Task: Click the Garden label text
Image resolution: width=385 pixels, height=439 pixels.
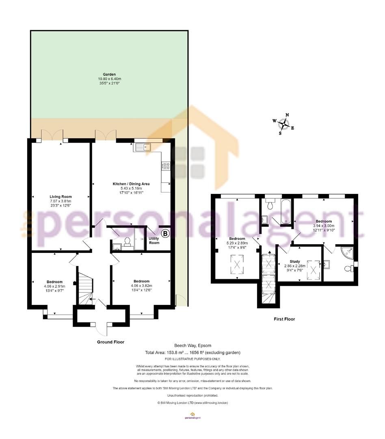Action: tap(109, 74)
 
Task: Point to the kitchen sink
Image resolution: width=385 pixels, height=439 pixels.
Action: tap(143, 147)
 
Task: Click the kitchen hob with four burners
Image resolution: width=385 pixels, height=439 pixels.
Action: tap(166, 166)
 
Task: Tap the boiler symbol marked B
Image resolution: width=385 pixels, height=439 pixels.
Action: tap(165, 233)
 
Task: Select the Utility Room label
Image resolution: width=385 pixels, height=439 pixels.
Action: tap(154, 241)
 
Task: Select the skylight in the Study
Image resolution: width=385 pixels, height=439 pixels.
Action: tap(312, 267)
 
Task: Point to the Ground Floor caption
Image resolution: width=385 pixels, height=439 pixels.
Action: tap(110, 342)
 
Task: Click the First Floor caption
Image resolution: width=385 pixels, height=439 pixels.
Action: tap(284, 319)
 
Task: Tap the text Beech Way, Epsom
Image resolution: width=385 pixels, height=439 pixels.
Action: tap(192, 346)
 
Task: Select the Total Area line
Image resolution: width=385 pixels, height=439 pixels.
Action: tap(192, 352)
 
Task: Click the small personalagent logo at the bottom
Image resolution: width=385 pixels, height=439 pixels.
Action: tap(192, 416)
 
